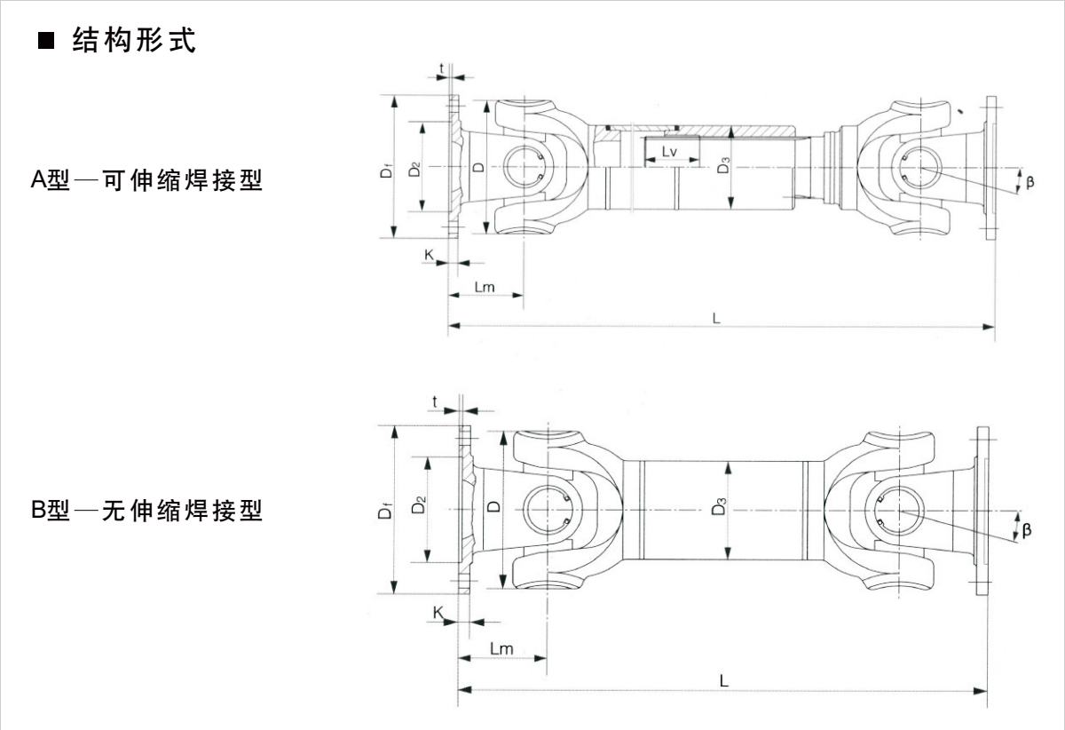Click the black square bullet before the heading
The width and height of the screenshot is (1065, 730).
tap(46, 42)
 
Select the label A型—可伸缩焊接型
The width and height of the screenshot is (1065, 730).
tap(147, 181)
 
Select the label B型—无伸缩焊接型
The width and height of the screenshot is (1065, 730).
tap(147, 511)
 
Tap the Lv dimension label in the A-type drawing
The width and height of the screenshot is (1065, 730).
tap(670, 153)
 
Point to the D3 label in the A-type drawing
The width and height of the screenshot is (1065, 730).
tap(723, 164)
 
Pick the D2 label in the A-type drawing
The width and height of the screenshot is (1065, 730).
tap(414, 168)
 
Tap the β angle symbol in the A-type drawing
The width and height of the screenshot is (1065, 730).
tap(1029, 182)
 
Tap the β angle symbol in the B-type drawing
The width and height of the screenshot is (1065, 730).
tap(1027, 530)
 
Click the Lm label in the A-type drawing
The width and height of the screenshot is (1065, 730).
tap(485, 287)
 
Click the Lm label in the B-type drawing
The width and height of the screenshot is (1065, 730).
tap(501, 648)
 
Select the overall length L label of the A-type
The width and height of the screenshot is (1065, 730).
tap(715, 318)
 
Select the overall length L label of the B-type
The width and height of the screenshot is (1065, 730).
tap(724, 681)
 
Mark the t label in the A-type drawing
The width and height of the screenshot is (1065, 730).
tap(441, 67)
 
